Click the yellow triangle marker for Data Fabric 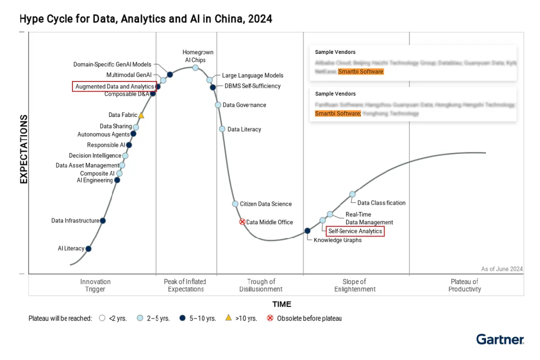141,115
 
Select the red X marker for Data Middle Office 242,221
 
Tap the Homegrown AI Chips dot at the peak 195,67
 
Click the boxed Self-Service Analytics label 355,231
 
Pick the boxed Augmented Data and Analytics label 114,86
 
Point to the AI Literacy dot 88,248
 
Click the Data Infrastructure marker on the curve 102,220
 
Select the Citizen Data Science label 265,204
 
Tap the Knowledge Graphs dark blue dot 307,230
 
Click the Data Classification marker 352,194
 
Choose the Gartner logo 499,339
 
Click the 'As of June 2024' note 501,269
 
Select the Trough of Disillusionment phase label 260,285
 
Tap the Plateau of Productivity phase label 464,285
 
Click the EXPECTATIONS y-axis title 23,149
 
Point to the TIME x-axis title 281,304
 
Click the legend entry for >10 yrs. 242,318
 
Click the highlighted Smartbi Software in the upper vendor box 360,71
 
